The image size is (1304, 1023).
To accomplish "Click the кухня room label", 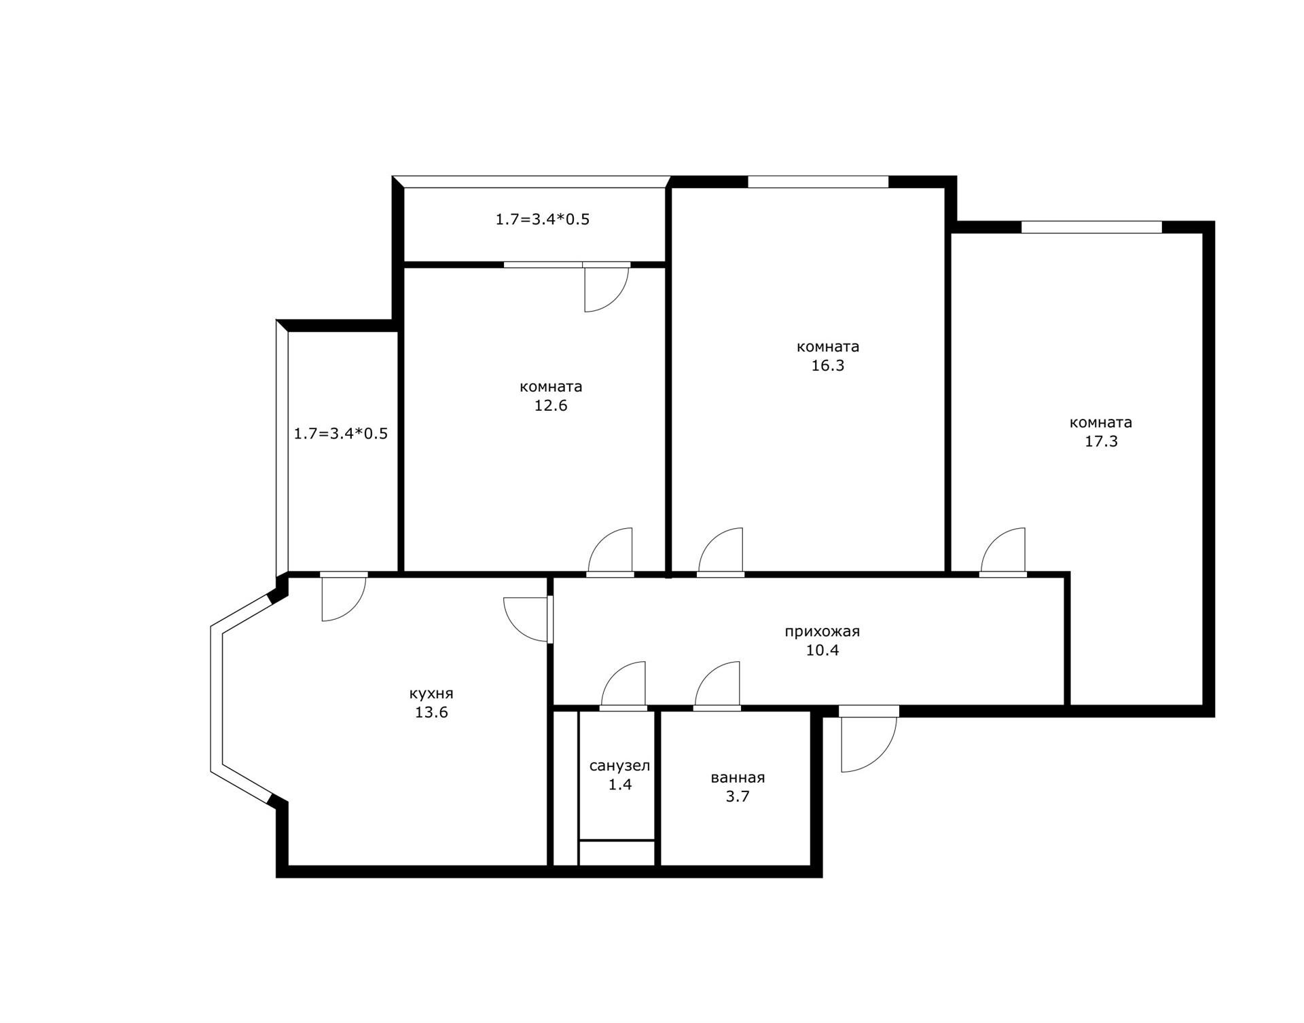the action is coord(431,694).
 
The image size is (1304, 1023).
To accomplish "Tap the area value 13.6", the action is coord(431,713).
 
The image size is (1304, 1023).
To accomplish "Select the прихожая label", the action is coord(822,632).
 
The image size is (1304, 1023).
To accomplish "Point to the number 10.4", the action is coord(822,650).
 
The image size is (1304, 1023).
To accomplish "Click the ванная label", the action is coord(738,778).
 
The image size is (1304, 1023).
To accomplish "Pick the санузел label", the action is coord(619,766).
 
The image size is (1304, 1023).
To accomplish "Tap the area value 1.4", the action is coord(620,785).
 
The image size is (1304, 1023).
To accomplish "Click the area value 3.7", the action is coord(738,796).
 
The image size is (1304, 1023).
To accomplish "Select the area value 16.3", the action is coord(828,366).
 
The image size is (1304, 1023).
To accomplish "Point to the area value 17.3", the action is coord(1101,442).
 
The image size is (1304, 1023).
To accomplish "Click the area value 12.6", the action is coord(551,406).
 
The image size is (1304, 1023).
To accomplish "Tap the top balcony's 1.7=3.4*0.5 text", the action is coord(543,220).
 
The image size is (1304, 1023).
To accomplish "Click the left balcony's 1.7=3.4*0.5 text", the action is coord(341,434).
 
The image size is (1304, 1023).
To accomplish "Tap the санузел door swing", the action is coord(623,685).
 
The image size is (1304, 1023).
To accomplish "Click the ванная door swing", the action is coord(717,685).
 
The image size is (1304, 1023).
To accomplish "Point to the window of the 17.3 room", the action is coord(1092,227).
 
